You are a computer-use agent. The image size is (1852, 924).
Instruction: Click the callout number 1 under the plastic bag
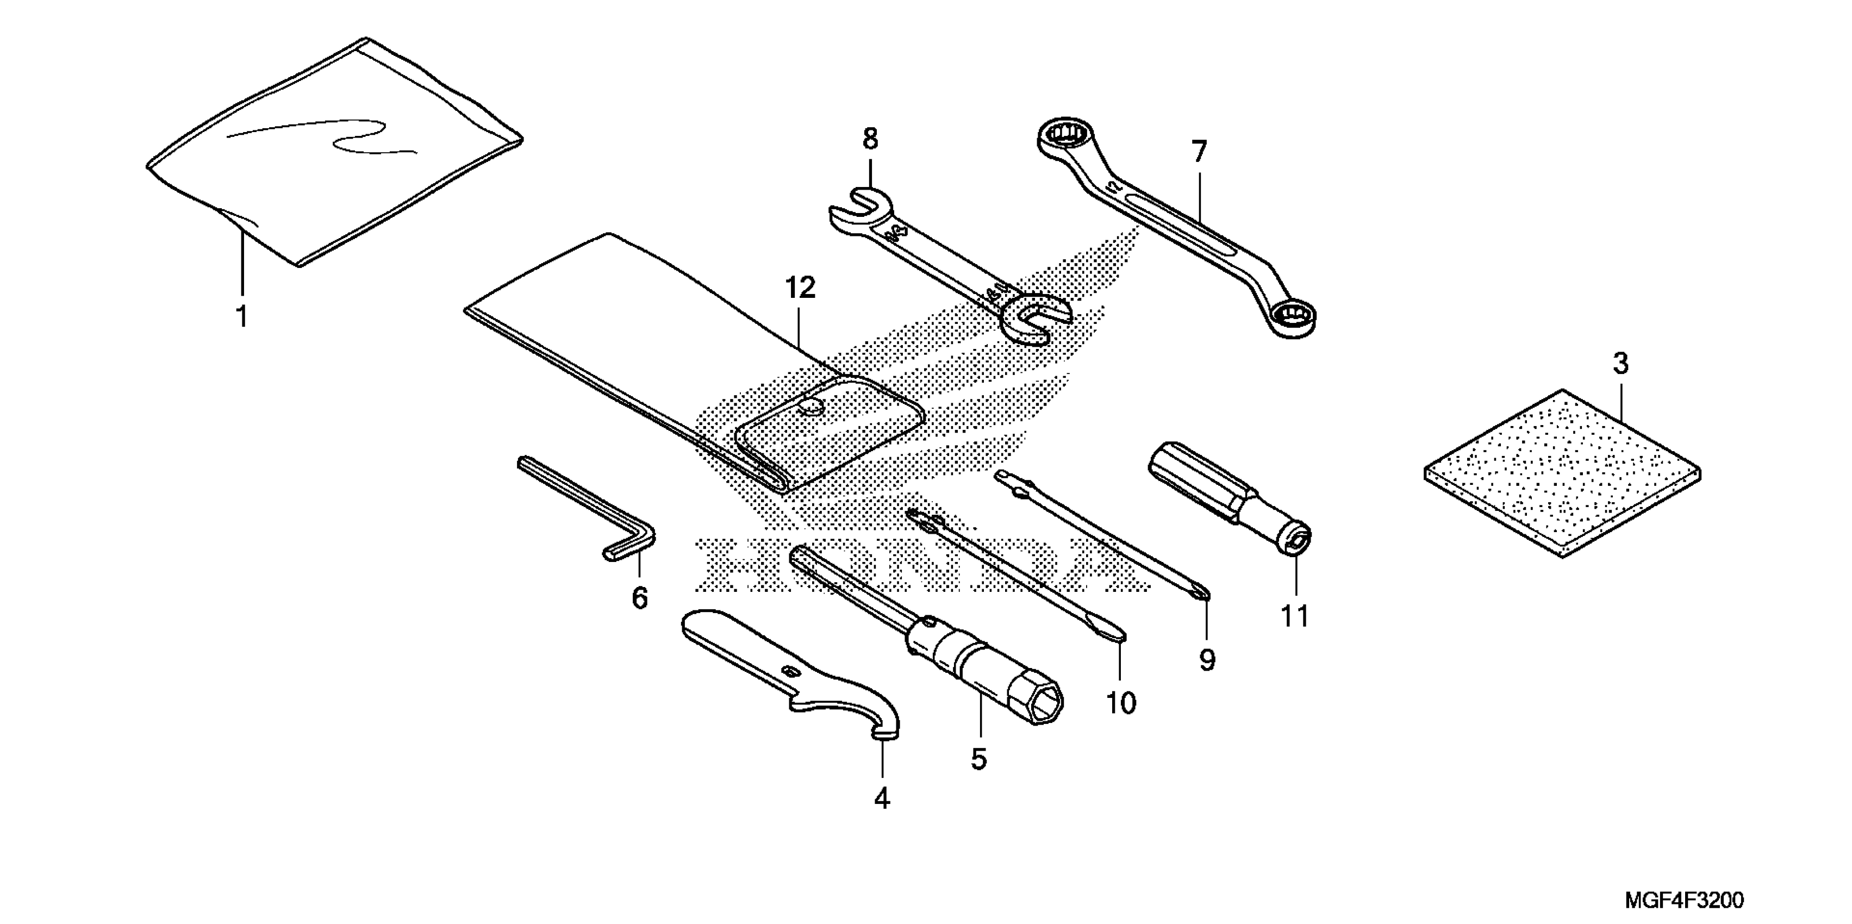click(242, 316)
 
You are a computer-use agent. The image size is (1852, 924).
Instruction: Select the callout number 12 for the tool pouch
click(800, 289)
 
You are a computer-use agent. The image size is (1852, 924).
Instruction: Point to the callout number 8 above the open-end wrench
click(870, 139)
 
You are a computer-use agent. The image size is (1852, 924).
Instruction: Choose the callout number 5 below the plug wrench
click(978, 759)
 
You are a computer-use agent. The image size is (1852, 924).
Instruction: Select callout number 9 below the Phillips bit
click(1207, 659)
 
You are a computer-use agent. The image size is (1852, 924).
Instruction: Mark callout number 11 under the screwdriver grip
click(1295, 616)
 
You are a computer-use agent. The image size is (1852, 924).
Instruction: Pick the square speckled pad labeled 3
click(1562, 473)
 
